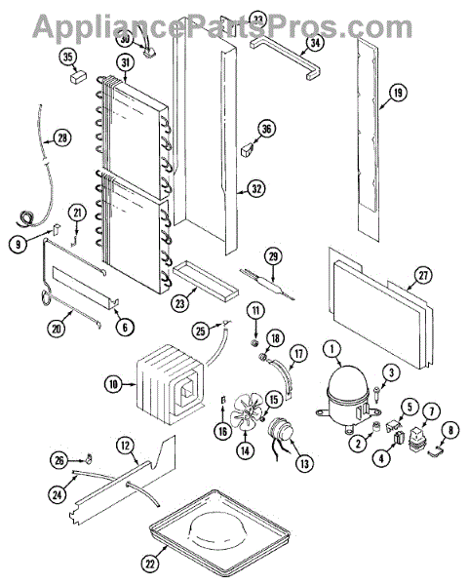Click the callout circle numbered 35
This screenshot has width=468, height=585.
[x=68, y=58]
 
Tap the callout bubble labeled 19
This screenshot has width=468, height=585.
[x=398, y=93]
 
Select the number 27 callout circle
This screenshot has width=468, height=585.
[x=423, y=275]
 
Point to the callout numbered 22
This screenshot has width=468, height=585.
[x=150, y=564]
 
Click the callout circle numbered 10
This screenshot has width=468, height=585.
[x=113, y=384]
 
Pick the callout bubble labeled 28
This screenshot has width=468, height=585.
[x=62, y=137]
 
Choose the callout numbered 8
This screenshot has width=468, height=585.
[x=450, y=431]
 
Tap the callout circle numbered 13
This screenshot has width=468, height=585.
[x=304, y=463]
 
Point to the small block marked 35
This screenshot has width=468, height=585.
[x=78, y=76]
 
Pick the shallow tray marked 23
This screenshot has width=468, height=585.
[x=206, y=281]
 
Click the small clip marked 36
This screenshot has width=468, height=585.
[x=247, y=151]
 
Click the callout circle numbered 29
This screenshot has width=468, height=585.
[x=274, y=256]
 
